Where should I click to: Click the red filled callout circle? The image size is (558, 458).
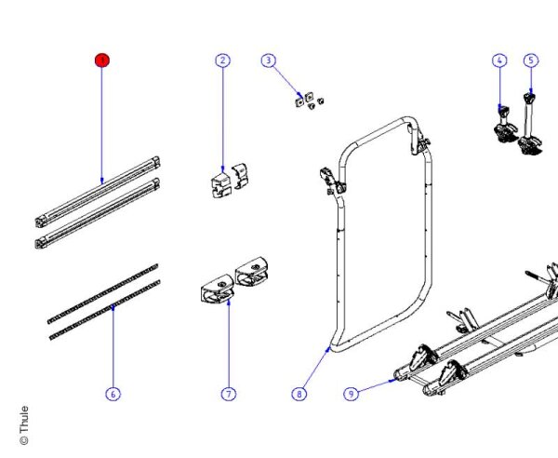101,61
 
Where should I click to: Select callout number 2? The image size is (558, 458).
222,61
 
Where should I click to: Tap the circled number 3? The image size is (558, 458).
269,61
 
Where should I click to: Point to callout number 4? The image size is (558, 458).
499,61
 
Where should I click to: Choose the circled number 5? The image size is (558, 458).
531,61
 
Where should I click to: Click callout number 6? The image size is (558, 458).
113,394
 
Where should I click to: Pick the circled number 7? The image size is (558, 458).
228,394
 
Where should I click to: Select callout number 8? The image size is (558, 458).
299,394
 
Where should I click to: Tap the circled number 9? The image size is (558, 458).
351,394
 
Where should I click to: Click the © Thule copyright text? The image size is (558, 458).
24,424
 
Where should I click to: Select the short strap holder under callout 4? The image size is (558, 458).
505,126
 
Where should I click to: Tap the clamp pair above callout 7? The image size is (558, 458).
232,282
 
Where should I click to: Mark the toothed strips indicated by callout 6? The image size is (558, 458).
102,298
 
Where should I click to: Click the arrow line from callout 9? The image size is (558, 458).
373,385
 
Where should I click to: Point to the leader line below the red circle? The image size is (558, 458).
101,121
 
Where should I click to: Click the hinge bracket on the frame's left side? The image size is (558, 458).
332,180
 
